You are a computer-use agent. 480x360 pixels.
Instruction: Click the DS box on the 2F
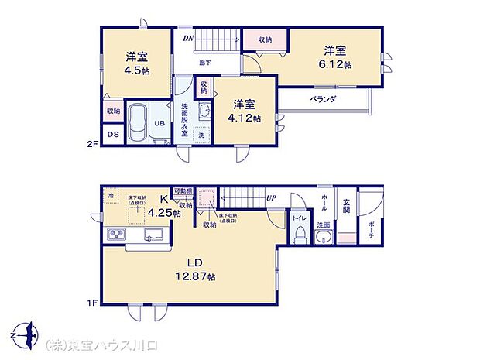(113, 135)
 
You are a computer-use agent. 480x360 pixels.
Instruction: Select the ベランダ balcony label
(323, 100)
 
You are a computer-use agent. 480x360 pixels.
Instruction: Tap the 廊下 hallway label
(205, 63)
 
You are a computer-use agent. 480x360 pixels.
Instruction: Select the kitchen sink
(154, 235)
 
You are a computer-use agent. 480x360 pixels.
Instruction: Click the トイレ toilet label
(298, 218)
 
